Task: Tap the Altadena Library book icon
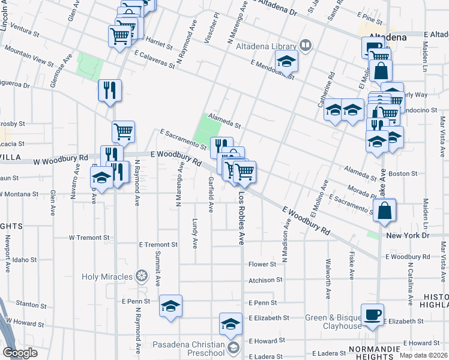pyautogui.click(x=306, y=46)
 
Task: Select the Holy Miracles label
pyautogui.click(x=107, y=277)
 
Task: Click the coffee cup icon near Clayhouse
pyautogui.click(x=373, y=314)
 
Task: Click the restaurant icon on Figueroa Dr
pyautogui.click(x=110, y=91)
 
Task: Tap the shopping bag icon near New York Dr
pyautogui.click(x=384, y=211)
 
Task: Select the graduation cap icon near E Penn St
pyautogui.click(x=171, y=305)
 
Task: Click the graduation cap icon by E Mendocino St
pyautogui.click(x=287, y=61)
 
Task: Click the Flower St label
pyautogui.click(x=262, y=264)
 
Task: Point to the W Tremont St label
pyautogui.click(x=89, y=238)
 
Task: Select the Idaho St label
pyautogui.click(x=25, y=260)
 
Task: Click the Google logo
pyautogui.click(x=20, y=353)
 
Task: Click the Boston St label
pyautogui.click(x=403, y=173)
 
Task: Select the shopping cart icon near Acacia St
pyautogui.click(x=123, y=131)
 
